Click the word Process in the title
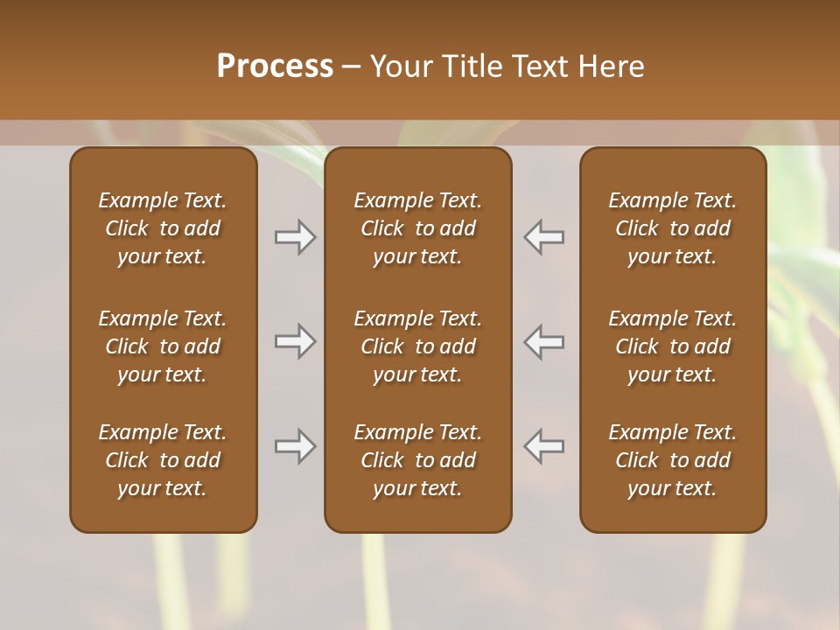[x=275, y=66]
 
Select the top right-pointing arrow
[x=296, y=237]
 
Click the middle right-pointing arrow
[x=296, y=341]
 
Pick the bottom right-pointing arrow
[x=296, y=446]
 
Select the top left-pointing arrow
[x=543, y=237]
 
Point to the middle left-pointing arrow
[x=543, y=341]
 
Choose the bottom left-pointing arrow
[x=543, y=446]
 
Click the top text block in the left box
[x=163, y=228]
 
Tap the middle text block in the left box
[x=163, y=346]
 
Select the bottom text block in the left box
[x=163, y=460]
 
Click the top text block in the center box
[x=417, y=228]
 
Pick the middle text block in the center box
[x=417, y=346]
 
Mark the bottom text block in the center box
[x=417, y=460]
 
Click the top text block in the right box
[x=672, y=228]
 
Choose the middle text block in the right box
[x=672, y=346]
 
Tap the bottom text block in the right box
[x=672, y=460]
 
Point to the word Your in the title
[x=402, y=66]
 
